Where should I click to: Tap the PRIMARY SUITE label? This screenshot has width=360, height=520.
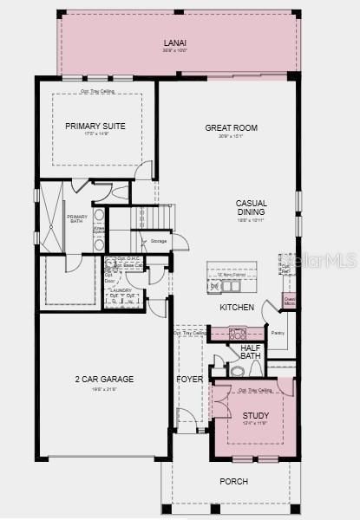(95, 127)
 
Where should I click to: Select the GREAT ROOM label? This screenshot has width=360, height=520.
(231, 128)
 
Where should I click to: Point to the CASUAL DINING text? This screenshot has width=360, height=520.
(251, 208)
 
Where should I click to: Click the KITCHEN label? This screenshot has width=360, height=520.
(237, 308)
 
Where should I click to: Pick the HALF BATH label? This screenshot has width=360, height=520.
(251, 351)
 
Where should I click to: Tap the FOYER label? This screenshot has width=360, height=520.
(189, 380)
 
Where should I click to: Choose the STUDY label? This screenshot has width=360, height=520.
(256, 416)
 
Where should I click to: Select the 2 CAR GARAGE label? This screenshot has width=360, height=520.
(105, 379)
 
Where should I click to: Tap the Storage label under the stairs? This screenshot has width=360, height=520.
(159, 241)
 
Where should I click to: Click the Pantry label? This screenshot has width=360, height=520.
(278, 332)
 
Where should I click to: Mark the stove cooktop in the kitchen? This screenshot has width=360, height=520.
(238, 333)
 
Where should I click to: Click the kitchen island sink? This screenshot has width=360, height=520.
(230, 286)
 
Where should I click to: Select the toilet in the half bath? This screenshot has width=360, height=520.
(237, 371)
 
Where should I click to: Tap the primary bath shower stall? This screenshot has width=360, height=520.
(52, 217)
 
